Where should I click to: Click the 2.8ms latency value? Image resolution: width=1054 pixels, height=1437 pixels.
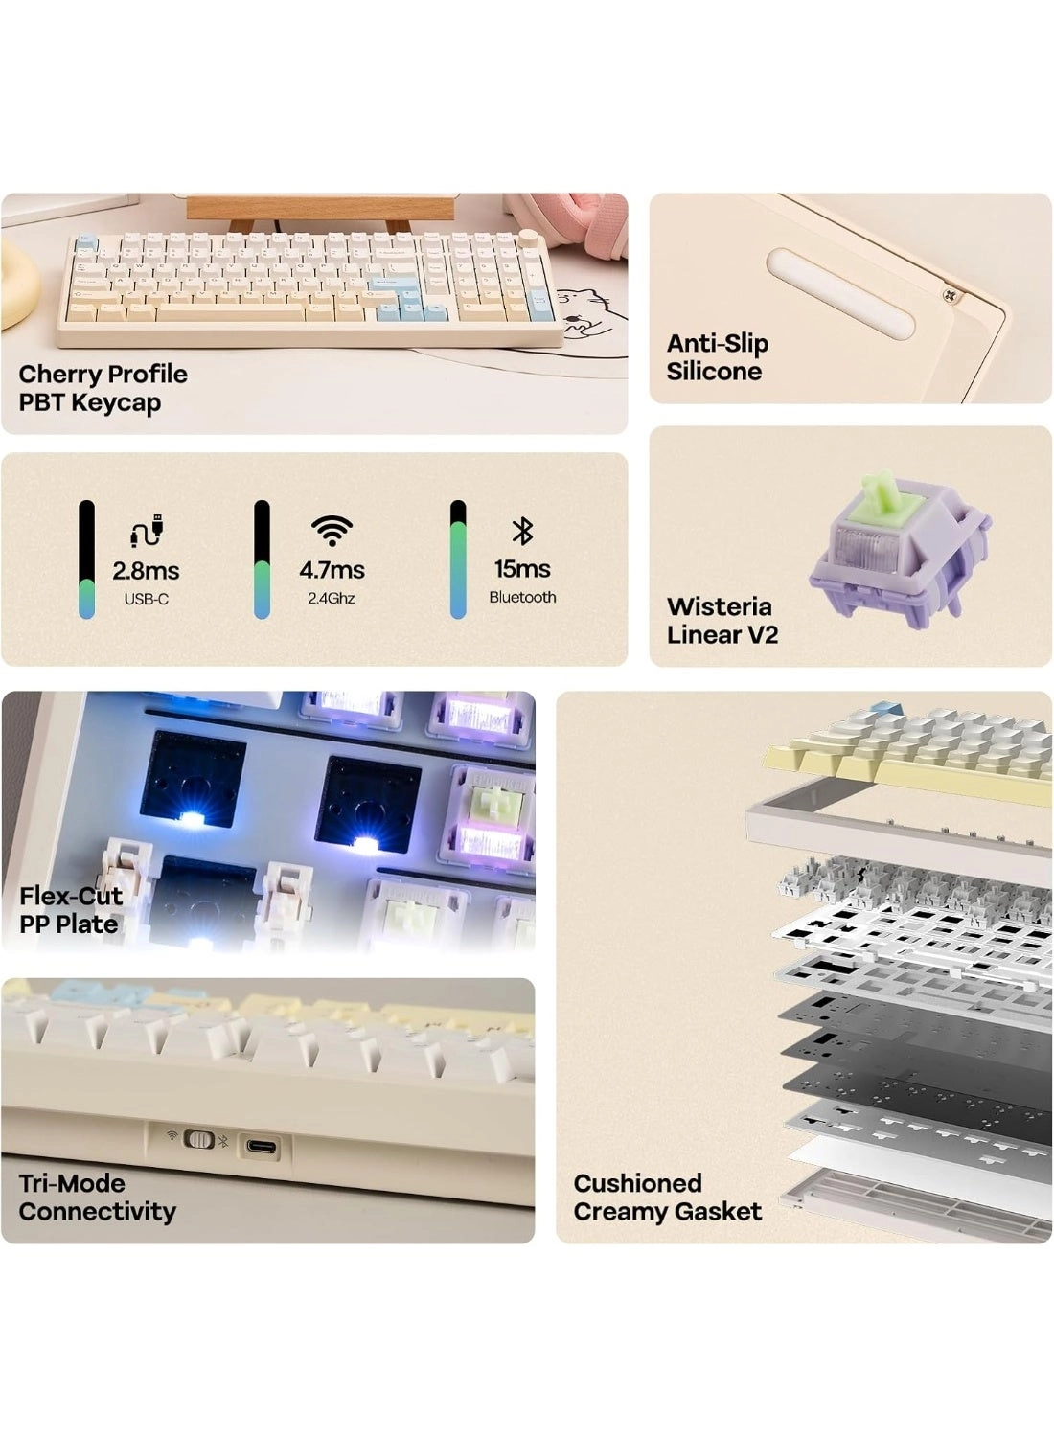[146, 570]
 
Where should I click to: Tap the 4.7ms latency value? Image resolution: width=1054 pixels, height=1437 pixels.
[332, 570]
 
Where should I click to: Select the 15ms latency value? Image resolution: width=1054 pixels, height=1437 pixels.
[522, 568]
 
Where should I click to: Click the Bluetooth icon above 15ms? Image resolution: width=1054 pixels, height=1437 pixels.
[522, 531]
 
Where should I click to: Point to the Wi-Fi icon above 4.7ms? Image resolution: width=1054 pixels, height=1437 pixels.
[332, 531]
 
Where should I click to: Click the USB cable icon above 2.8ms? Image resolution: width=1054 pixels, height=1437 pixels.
[147, 530]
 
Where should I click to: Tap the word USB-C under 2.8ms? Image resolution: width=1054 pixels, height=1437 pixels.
[147, 599]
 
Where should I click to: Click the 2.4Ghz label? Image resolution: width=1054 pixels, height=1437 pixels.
[331, 599]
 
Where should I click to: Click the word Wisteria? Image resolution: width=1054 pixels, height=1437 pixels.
[720, 606]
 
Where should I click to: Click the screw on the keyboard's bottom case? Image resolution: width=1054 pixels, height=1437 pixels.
[946, 294]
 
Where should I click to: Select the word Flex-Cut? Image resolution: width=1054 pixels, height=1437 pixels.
[71, 896]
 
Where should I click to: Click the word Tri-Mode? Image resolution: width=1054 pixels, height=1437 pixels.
[72, 1183]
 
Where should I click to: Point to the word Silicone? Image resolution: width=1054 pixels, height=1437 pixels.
[714, 371]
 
